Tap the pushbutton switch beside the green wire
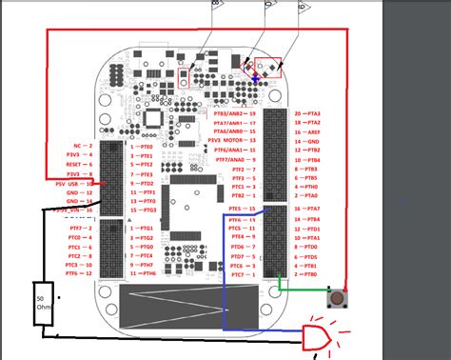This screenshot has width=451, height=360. [334, 298]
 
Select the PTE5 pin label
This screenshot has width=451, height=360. [239, 208]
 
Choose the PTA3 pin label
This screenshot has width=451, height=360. [312, 112]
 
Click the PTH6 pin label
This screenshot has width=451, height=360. [146, 273]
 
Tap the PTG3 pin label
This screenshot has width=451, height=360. [146, 247]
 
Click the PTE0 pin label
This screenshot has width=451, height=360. [146, 148]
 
